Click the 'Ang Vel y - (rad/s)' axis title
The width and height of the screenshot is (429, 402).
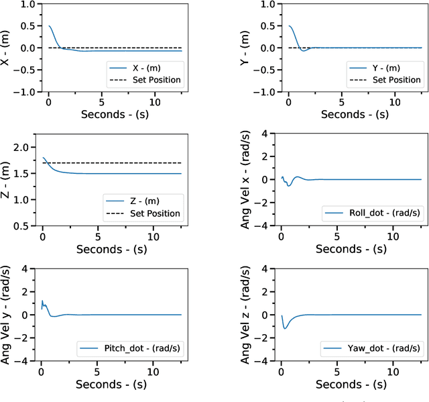tap(6, 315)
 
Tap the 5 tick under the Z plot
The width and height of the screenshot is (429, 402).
tap(98, 236)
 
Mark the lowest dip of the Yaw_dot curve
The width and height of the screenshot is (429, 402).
tap(286, 328)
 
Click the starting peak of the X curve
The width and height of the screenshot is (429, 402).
tap(49, 26)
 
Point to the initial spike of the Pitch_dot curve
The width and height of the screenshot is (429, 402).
tap(43, 301)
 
